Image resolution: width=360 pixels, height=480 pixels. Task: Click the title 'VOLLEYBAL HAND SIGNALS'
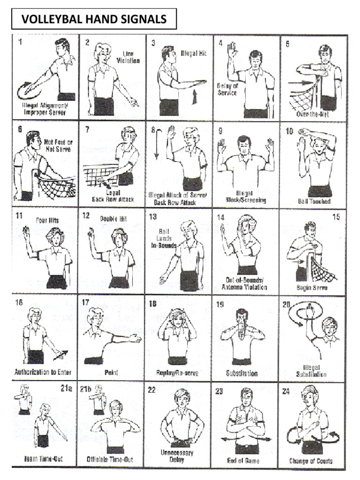94,19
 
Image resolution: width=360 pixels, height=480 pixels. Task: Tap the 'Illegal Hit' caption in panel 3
194,53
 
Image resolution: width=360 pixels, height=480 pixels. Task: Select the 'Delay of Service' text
227,89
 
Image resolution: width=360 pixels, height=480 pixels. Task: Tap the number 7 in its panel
87,129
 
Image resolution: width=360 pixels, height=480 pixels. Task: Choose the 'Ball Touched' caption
314,202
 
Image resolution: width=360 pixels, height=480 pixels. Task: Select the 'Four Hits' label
47,219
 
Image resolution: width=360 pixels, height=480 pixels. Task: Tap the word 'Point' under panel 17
111,373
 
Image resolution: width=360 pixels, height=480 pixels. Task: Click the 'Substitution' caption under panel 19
241,374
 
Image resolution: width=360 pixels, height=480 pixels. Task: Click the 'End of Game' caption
243,461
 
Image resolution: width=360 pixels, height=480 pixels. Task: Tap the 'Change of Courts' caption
311,461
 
